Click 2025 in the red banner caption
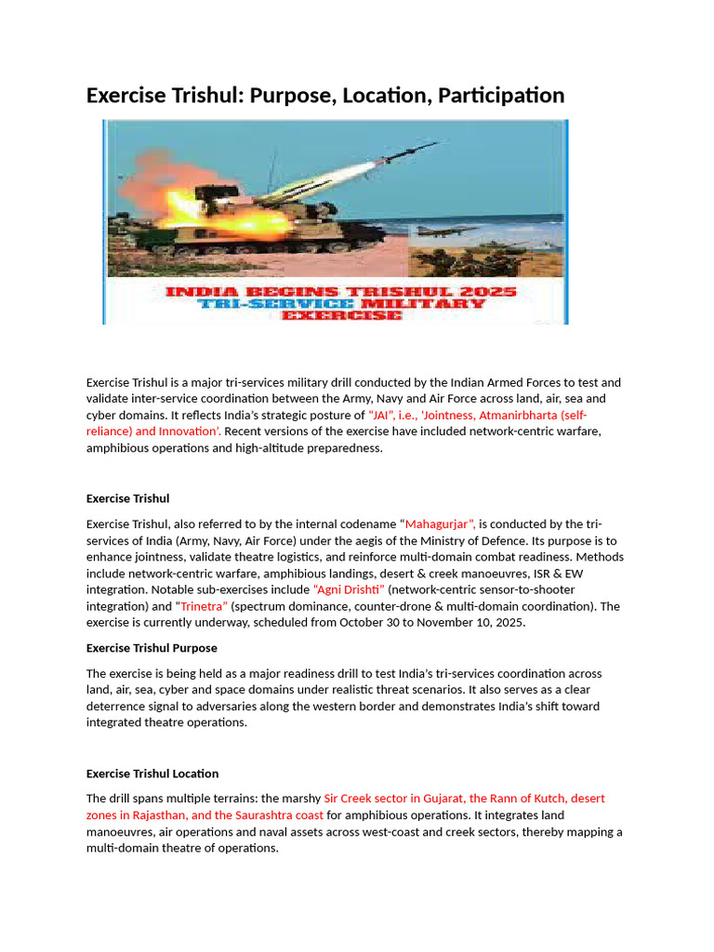[x=486, y=292]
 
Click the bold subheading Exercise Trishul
[x=127, y=498]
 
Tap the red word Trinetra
[x=203, y=606]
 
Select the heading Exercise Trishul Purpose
[x=152, y=648]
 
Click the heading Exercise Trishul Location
[x=152, y=773]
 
